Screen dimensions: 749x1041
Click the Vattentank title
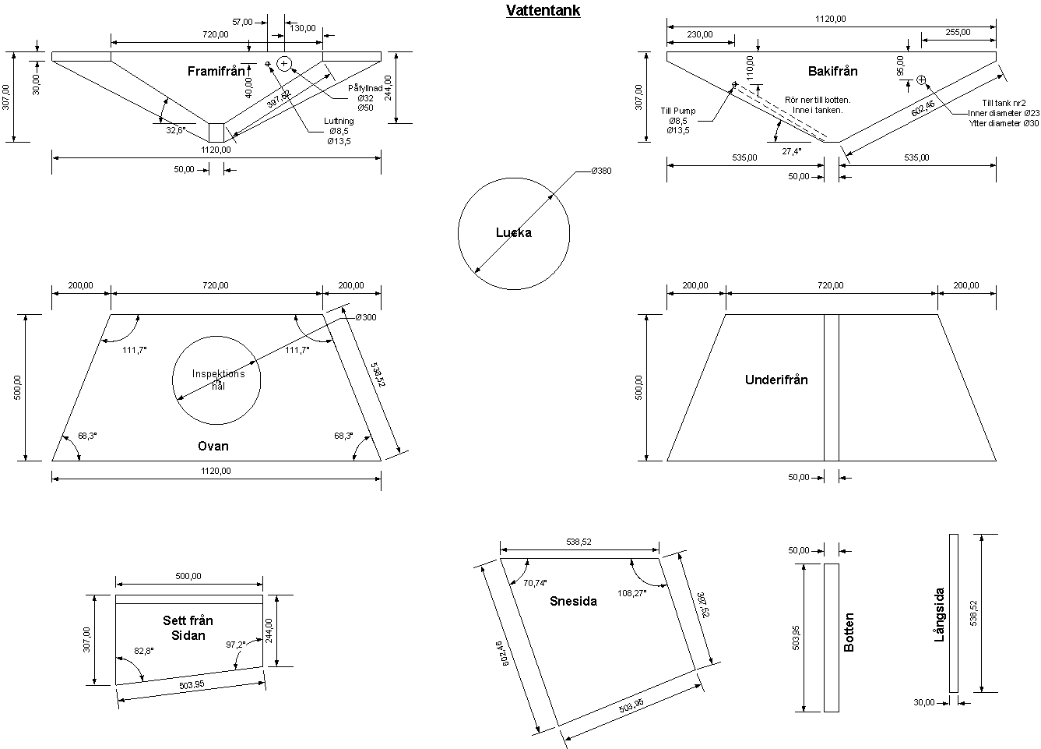pos(543,11)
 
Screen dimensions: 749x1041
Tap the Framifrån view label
pos(216,71)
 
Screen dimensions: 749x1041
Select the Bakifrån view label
pos(832,71)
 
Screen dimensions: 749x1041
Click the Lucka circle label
pos(514,232)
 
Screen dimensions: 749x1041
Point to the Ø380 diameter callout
pos(601,171)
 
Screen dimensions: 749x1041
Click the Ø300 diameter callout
pos(365,318)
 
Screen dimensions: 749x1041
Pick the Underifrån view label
pos(776,380)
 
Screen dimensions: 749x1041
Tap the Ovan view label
pos(213,446)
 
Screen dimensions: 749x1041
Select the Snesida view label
pos(573,601)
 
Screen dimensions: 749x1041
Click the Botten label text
pos(849,632)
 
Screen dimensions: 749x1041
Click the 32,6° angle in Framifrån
pos(176,131)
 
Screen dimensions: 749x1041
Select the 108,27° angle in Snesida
pos(632,592)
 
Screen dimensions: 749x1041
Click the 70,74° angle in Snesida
pos(534,583)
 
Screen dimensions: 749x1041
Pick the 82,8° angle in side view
pos(144,650)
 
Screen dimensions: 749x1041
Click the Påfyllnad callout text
pos(365,88)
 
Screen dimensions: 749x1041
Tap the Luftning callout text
pos(339,121)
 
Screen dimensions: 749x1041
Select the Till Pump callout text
pos(678,111)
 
